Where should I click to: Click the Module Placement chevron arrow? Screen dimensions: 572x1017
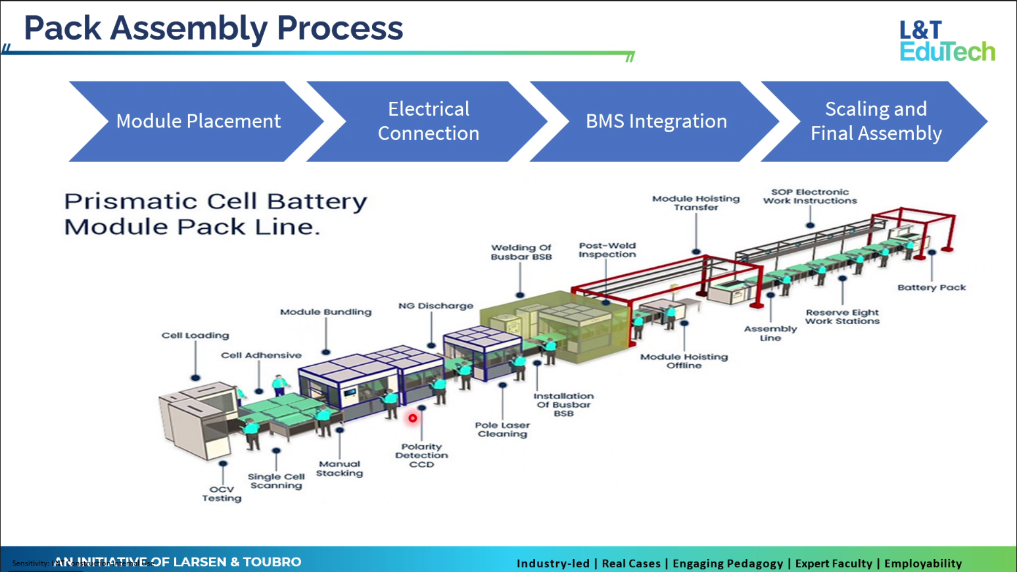(x=197, y=121)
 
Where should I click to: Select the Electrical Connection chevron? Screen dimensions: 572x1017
(x=428, y=121)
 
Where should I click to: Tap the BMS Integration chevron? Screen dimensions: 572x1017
(x=655, y=121)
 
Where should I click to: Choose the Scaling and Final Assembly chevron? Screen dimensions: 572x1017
(x=876, y=121)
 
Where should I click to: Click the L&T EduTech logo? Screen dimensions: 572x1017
(x=947, y=41)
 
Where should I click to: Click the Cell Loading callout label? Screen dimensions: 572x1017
(x=195, y=335)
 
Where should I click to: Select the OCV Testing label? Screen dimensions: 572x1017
(x=222, y=494)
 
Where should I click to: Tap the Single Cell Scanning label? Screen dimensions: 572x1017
(x=276, y=481)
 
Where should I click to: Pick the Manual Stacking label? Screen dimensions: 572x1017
(x=339, y=468)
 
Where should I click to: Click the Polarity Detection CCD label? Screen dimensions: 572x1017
(x=421, y=456)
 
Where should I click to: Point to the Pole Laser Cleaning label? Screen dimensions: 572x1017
(x=502, y=429)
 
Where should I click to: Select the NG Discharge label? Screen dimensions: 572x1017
(x=436, y=306)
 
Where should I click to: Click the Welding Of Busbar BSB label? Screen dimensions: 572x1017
(x=521, y=252)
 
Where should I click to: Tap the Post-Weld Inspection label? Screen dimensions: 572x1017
(x=607, y=250)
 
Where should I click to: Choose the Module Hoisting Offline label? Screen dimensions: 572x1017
(x=684, y=361)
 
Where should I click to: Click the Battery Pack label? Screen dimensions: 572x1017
(x=932, y=287)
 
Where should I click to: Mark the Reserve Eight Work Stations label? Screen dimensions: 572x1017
(x=842, y=317)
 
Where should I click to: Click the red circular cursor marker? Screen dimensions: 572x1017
(x=413, y=418)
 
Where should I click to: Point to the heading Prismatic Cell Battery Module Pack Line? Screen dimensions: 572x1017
(x=215, y=214)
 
